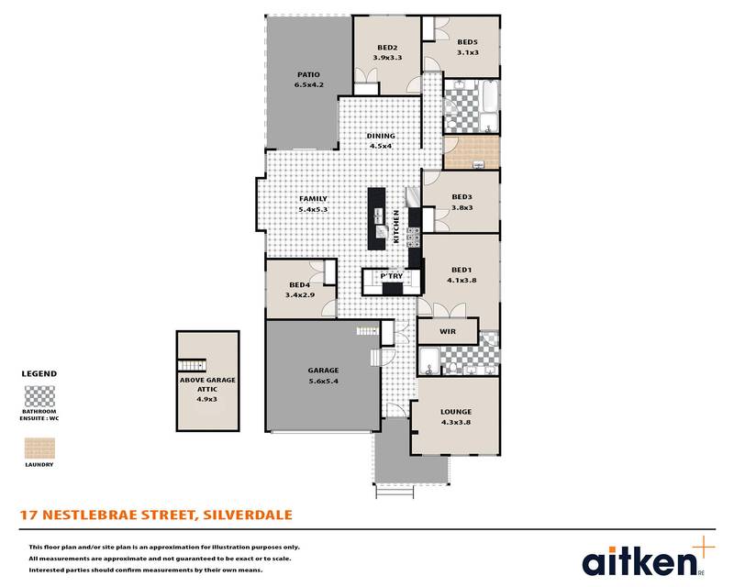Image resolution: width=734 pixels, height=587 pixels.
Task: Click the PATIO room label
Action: tap(308, 74)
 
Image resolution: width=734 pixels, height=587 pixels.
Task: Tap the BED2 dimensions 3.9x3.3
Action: tap(387, 58)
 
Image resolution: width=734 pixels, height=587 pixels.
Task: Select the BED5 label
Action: tap(467, 42)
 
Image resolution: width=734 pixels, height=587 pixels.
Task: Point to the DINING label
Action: tap(381, 136)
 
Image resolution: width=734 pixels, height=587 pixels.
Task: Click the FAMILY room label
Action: tap(313, 199)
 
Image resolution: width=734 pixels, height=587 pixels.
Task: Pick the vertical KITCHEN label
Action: tap(396, 227)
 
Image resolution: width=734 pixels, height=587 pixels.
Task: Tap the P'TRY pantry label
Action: tap(392, 276)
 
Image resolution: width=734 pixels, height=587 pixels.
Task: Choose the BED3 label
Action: tap(462, 197)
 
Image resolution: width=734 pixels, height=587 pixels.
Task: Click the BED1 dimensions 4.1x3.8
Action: tap(462, 281)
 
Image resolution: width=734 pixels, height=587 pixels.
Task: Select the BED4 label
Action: tap(300, 284)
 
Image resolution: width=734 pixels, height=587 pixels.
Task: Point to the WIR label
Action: tap(448, 331)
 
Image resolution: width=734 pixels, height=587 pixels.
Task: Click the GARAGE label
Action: tap(323, 371)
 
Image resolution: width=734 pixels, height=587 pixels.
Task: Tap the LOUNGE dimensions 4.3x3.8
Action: tap(456, 422)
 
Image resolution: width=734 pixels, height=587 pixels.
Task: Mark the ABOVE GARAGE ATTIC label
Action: tap(207, 384)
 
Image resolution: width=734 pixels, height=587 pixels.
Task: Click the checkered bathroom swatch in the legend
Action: tap(39, 397)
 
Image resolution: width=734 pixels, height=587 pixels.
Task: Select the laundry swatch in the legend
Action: tap(39, 448)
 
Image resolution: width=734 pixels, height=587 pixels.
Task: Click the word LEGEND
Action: tap(39, 373)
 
